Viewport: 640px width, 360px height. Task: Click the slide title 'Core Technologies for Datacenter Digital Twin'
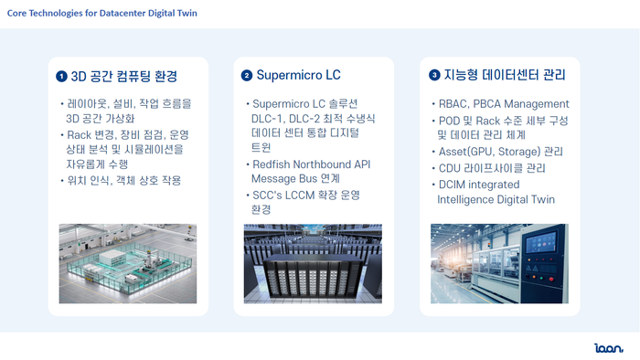(101, 14)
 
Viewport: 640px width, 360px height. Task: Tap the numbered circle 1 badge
(61, 76)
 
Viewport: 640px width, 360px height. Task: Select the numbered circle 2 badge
(247, 75)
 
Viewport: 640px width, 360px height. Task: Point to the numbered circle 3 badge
(434, 75)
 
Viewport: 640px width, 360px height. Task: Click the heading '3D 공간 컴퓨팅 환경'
(123, 76)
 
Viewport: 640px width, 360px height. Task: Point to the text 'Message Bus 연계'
(291, 180)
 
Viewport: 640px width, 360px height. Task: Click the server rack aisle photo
(313, 263)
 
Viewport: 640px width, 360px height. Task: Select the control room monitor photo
(499, 263)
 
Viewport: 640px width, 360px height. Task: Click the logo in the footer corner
(608, 347)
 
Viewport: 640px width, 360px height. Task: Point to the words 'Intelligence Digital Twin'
(496, 199)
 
